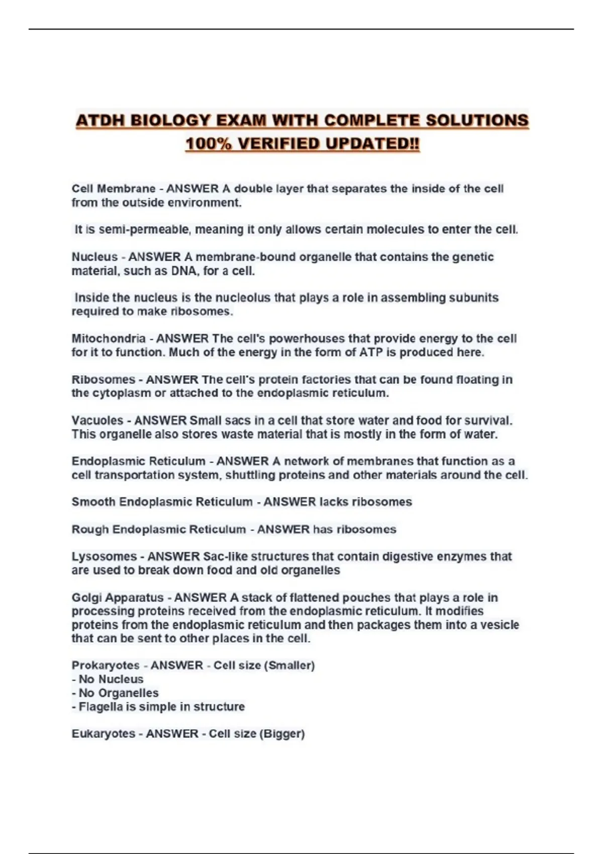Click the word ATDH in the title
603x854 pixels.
pyautogui.click(x=100, y=121)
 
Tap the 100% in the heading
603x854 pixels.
pyautogui.click(x=209, y=144)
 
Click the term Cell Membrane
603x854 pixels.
pyautogui.click(x=113, y=189)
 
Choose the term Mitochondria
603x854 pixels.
pyautogui.click(x=109, y=339)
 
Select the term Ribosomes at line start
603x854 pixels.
pyautogui.click(x=103, y=380)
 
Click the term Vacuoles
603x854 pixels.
pyautogui.click(x=97, y=420)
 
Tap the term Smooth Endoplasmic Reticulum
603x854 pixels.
pyautogui.click(x=162, y=502)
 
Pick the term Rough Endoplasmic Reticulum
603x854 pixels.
pyautogui.click(x=158, y=529)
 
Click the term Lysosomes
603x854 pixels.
pyautogui.click(x=104, y=557)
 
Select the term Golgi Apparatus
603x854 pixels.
pyautogui.click(x=117, y=598)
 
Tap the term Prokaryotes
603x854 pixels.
pyautogui.click(x=105, y=666)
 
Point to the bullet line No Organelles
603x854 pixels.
pyautogui.click(x=118, y=693)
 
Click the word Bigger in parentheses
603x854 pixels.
pyautogui.click(x=282, y=734)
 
